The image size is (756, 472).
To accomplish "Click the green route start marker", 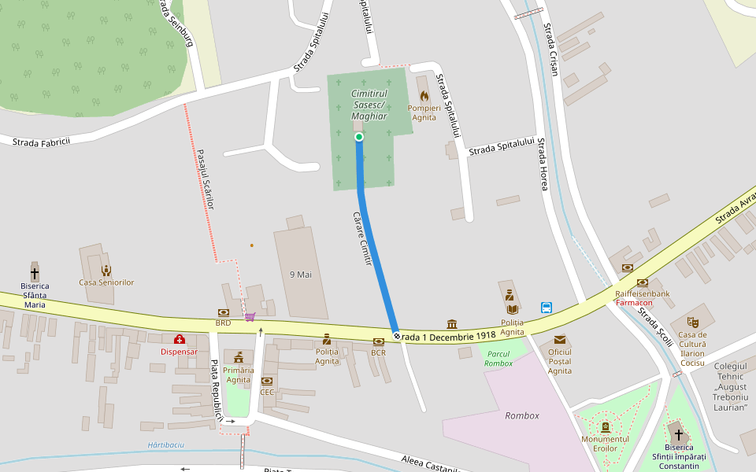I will (x=359, y=137).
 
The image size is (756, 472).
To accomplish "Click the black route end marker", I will (x=397, y=336).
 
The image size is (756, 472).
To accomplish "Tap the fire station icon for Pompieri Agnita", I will (x=424, y=96).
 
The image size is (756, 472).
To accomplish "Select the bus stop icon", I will (x=547, y=308).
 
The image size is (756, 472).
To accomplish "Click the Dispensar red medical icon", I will (x=180, y=339).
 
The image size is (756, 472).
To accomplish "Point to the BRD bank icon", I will (x=224, y=312).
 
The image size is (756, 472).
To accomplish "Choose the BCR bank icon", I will (x=379, y=341).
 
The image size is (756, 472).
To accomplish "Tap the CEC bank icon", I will (x=267, y=381).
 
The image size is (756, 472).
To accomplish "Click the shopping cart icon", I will (x=250, y=316).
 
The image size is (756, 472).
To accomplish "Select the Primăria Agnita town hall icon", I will (x=239, y=358).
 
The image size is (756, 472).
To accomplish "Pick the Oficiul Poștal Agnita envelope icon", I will (x=560, y=340).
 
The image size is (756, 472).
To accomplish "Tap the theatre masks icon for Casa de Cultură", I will (x=692, y=322).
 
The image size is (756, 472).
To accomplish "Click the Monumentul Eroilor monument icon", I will (x=605, y=427).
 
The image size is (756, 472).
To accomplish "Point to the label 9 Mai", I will (x=301, y=275).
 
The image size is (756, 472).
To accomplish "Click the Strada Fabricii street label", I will (x=41, y=141).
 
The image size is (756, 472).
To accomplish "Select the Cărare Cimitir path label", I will (x=362, y=238).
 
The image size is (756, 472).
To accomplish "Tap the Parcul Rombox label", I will (x=498, y=358).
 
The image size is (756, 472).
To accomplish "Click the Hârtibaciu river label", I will (x=165, y=445).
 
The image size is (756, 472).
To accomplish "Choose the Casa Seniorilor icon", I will (x=106, y=270).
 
